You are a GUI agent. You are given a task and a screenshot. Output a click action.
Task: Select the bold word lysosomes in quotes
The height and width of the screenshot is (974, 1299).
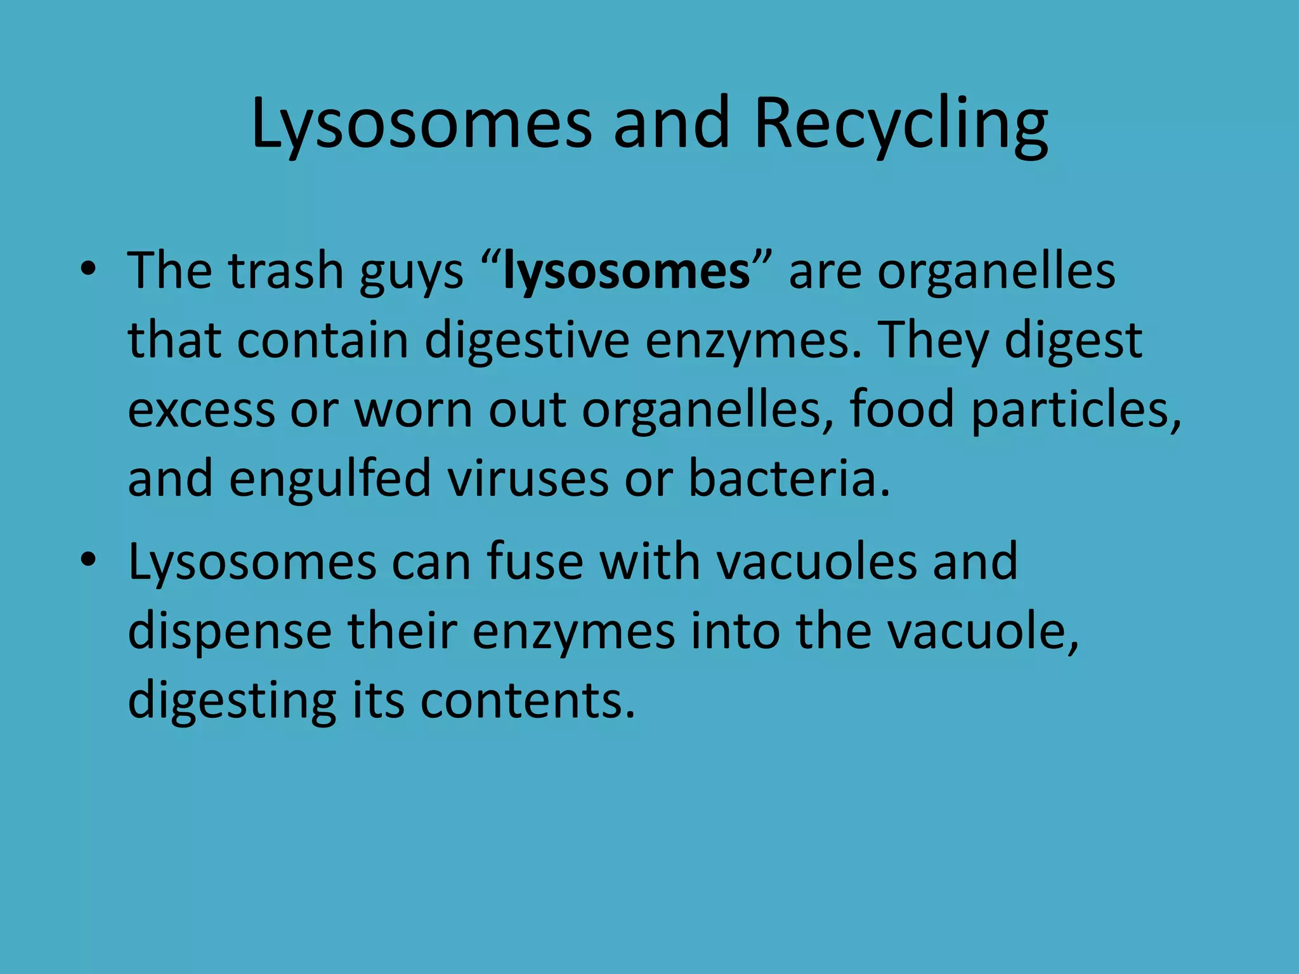(x=627, y=272)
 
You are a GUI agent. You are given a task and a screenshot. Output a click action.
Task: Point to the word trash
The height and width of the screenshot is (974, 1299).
(x=286, y=271)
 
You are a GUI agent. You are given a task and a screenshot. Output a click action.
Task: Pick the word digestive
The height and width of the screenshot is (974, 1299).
(x=527, y=341)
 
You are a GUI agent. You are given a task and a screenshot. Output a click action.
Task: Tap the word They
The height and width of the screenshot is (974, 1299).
(x=934, y=341)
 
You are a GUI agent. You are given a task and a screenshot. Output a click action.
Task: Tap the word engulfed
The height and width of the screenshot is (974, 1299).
(x=330, y=478)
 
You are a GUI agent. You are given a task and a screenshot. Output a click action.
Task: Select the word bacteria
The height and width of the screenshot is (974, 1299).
(x=789, y=478)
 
